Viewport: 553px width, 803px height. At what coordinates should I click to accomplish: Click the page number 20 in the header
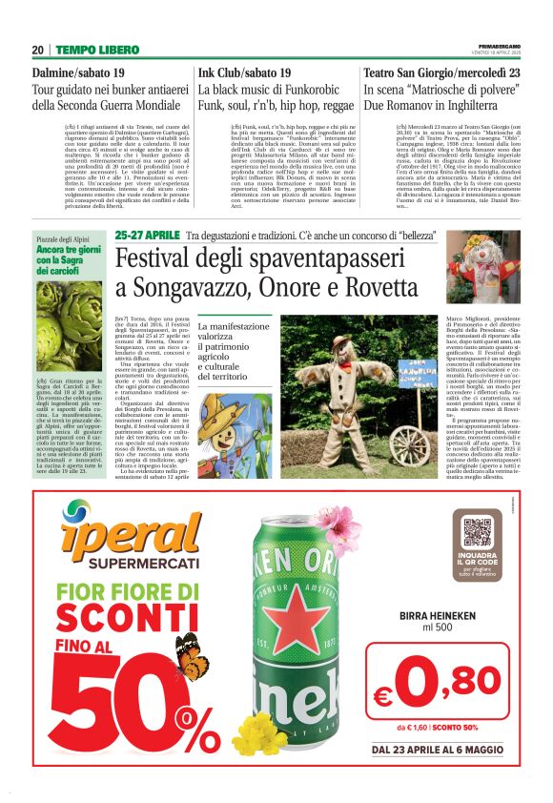(38, 50)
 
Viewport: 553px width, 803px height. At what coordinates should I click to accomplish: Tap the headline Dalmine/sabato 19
(78, 72)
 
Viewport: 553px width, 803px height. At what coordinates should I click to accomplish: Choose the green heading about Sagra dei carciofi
(69, 257)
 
